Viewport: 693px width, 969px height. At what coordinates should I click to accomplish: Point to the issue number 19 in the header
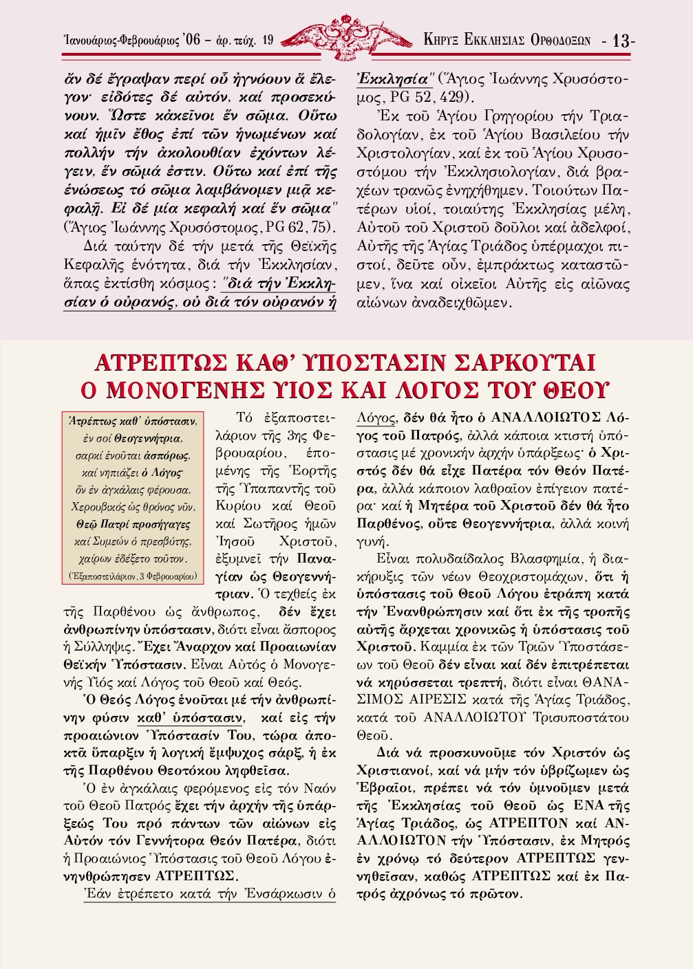click(267, 41)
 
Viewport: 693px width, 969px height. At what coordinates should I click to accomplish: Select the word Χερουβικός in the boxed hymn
click(98, 508)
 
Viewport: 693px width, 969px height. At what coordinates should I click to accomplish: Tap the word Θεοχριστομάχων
click(523, 576)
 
